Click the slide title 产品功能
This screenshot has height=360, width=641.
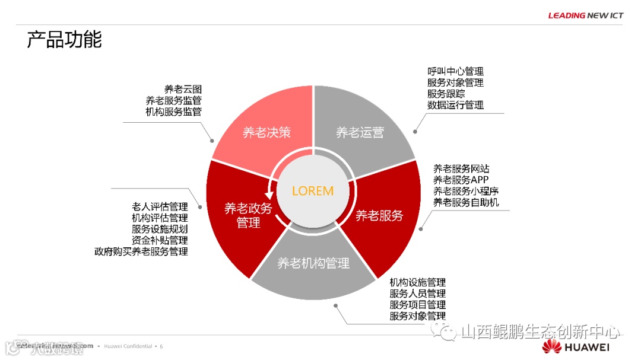tap(64, 40)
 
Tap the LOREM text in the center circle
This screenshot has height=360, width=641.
tap(313, 191)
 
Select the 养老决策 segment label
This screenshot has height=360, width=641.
tap(266, 132)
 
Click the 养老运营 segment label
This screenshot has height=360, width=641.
tap(360, 132)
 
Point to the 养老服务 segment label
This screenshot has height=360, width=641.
tap(379, 215)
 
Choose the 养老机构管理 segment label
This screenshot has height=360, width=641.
tap(313, 263)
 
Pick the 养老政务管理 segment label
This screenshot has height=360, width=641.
tap(248, 215)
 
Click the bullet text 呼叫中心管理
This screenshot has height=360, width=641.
tap(455, 72)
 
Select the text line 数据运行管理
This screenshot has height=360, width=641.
tap(455, 105)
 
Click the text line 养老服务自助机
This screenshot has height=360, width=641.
tap(466, 202)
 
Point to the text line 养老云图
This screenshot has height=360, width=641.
tap(183, 90)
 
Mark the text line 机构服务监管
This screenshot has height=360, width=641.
tap(173, 111)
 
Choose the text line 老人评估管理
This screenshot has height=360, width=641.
tap(160, 207)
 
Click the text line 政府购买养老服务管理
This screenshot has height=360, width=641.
tap(141, 251)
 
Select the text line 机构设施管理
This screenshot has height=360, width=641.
tap(417, 282)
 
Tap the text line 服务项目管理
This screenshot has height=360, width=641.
tap(417, 305)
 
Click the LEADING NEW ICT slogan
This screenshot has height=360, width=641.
tap(585, 15)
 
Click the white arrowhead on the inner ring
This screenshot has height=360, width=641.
tap(272, 209)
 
